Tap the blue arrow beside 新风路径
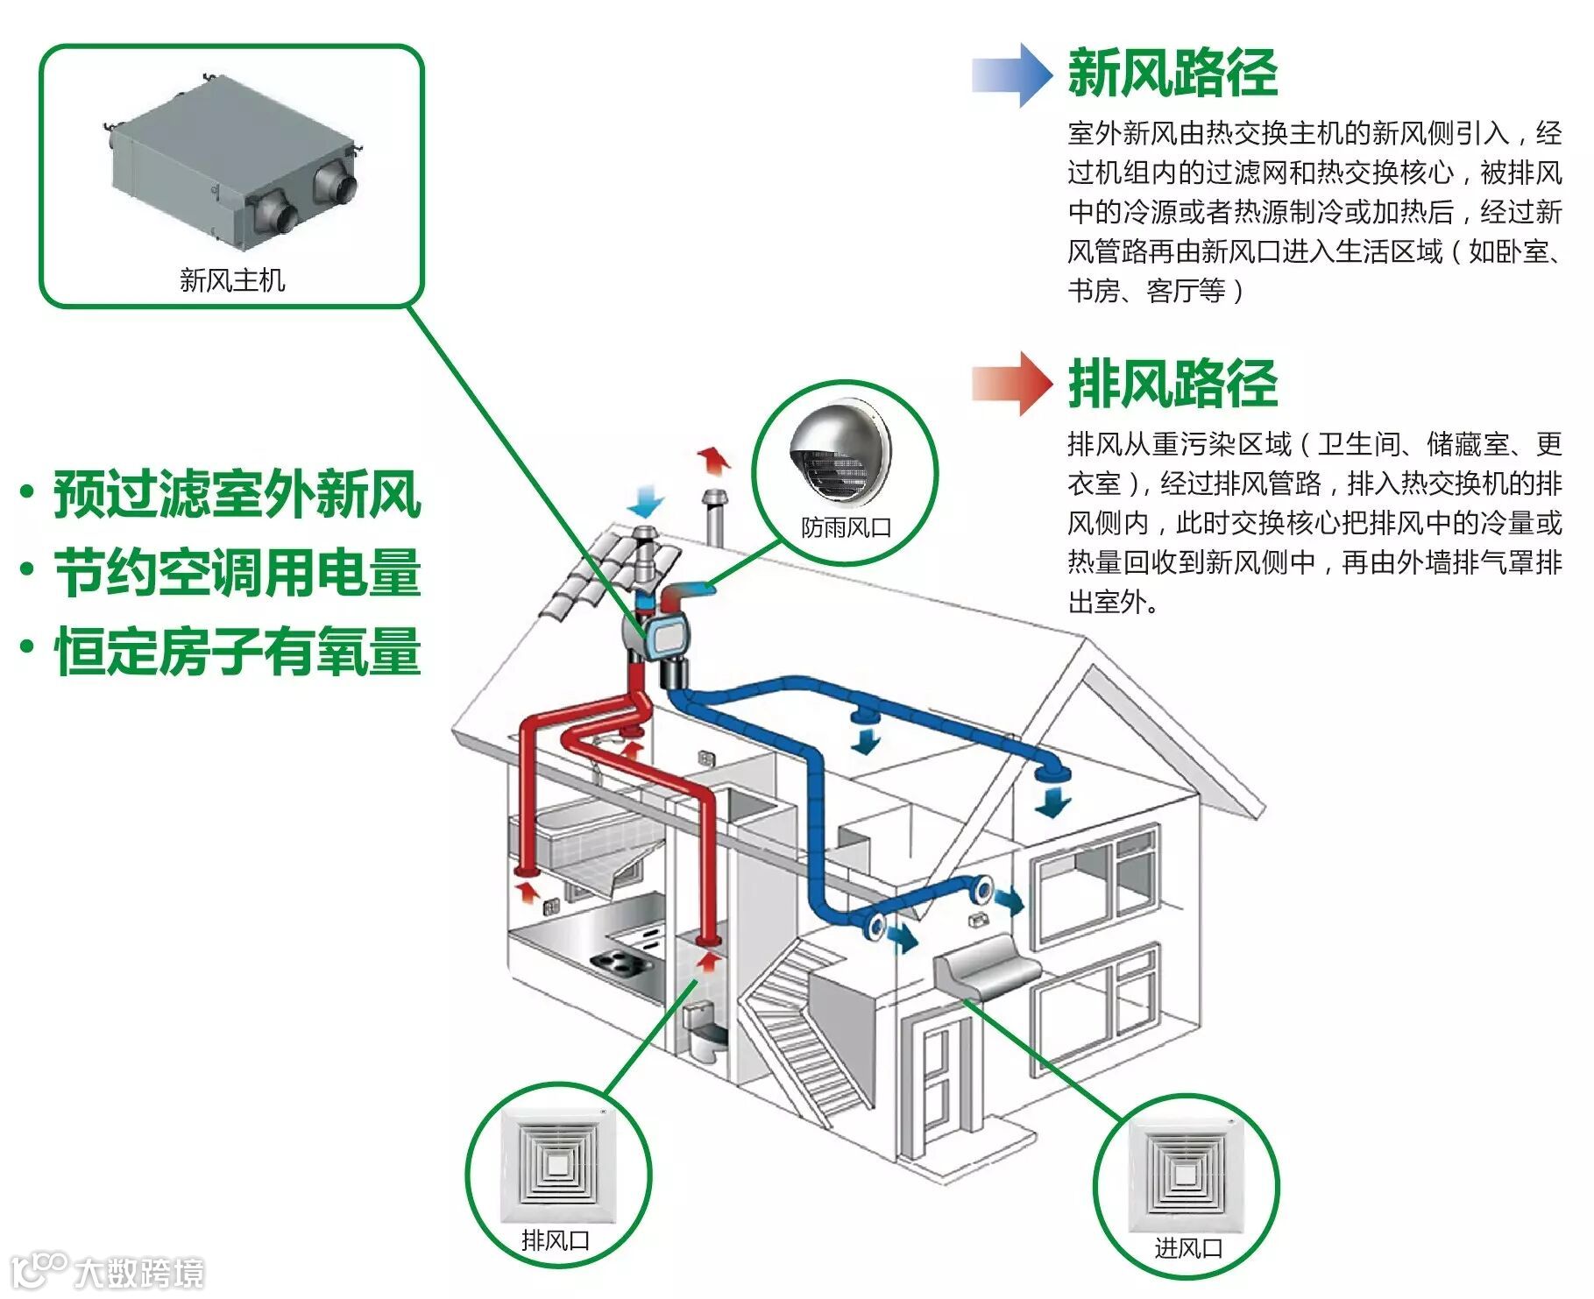[x=1012, y=74]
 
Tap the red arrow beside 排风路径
[x=1012, y=383]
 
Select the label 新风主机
[x=232, y=280]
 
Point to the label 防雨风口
[x=846, y=527]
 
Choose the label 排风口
[x=556, y=1240]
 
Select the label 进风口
[x=1187, y=1247]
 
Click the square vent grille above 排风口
[x=557, y=1166]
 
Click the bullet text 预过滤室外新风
[x=237, y=495]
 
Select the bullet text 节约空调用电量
[x=237, y=573]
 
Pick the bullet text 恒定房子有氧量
[x=237, y=651]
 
